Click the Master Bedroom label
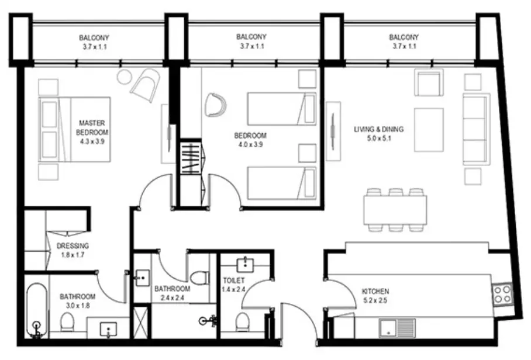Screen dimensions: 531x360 (92, 127)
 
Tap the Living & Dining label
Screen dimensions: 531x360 (378, 129)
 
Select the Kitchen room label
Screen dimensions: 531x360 (375, 291)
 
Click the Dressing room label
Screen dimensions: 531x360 (73, 245)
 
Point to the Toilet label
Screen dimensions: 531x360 (234, 280)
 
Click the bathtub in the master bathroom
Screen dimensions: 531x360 (37, 310)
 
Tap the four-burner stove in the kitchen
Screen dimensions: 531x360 (503, 294)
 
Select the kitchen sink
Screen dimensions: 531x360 (397, 327)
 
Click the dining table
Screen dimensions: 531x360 (395, 210)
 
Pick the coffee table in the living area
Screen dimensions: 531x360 (429, 130)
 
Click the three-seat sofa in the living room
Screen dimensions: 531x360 (476, 129)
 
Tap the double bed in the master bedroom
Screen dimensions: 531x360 (74, 129)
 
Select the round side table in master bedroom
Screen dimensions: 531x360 (126, 77)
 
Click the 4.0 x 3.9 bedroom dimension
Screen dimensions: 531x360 (251, 144)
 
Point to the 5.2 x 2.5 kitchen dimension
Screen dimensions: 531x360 (375, 300)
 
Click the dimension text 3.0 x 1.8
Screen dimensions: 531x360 (78, 306)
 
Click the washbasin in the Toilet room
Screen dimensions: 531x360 (245, 265)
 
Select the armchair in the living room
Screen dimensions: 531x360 (429, 82)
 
